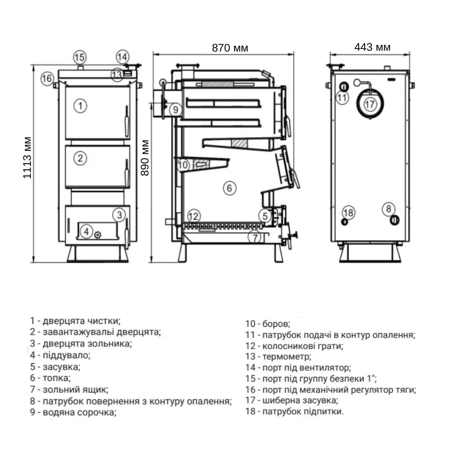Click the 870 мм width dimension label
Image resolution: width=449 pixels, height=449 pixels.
coord(229,48)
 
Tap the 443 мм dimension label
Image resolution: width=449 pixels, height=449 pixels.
coord(372,47)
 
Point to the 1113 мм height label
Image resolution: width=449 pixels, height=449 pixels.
coord(27,157)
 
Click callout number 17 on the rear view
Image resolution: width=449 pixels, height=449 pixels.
coord(370,104)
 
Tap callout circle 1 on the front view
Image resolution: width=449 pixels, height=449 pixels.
coord(80,105)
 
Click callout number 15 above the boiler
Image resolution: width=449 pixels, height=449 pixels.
coord(79,57)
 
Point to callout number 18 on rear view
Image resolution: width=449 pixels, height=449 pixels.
coord(348,213)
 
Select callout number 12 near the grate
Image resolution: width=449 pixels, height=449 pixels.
coord(194,216)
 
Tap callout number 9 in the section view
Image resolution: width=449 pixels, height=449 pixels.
coord(175,110)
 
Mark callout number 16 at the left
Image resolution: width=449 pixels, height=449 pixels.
coord(47,78)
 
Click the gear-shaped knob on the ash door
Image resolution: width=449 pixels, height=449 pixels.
coord(98,234)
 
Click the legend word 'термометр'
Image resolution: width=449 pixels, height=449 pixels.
coord(286,356)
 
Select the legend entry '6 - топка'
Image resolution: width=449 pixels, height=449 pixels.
coord(50,378)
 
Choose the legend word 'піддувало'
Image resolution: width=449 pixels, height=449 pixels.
coord(66,355)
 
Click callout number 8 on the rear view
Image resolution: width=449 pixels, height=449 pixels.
coord(389,208)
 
